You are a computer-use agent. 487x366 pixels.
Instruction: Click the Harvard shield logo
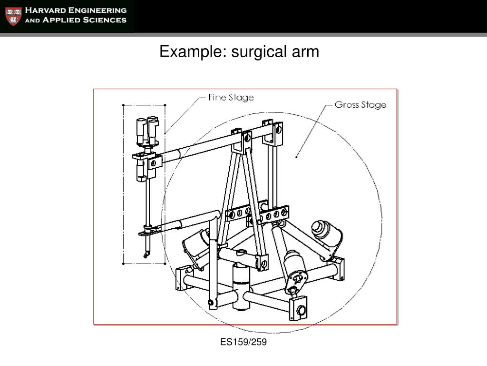(x=13, y=16)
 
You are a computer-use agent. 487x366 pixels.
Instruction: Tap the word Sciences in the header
(x=103, y=20)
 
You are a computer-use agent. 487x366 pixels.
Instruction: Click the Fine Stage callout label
(x=231, y=98)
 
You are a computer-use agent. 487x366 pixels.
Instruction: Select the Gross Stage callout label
(x=360, y=105)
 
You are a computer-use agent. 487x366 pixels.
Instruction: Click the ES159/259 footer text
(x=243, y=342)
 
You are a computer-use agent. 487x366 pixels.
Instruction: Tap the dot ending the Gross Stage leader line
(x=297, y=156)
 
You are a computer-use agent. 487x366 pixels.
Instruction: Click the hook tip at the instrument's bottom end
(x=144, y=257)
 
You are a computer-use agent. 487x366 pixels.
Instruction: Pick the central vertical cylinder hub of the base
(x=242, y=286)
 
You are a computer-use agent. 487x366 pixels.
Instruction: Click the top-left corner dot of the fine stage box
(x=123, y=105)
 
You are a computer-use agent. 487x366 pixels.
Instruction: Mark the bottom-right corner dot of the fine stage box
(x=165, y=264)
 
